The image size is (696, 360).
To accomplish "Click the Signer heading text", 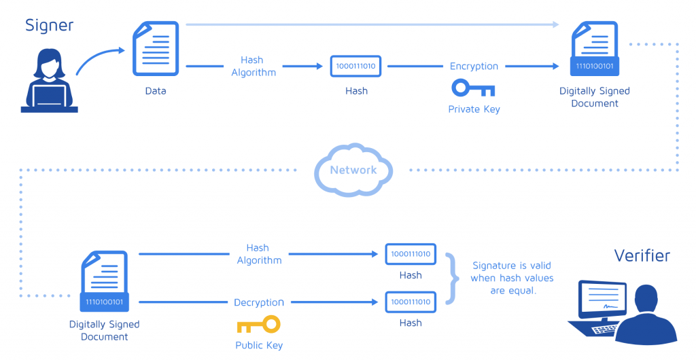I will (x=49, y=26).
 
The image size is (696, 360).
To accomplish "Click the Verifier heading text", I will (x=642, y=255).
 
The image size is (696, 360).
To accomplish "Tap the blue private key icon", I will (x=473, y=88).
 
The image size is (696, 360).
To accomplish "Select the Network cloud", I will (x=353, y=170).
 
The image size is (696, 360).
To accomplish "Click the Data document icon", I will (x=155, y=48).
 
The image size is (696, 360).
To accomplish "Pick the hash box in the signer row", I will (x=356, y=66).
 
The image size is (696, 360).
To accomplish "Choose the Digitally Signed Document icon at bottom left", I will (x=104, y=281).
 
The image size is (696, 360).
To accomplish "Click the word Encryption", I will (x=474, y=66).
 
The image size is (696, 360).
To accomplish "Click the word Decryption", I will (x=258, y=302).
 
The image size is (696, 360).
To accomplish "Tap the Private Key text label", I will (x=474, y=109).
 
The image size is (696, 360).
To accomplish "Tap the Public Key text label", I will (x=258, y=345).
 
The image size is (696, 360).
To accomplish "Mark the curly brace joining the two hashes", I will (x=450, y=278).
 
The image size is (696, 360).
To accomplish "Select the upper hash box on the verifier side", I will (x=411, y=253).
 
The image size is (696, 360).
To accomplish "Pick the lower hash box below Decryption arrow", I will (x=411, y=302).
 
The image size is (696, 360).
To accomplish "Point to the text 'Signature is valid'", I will (x=512, y=266).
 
